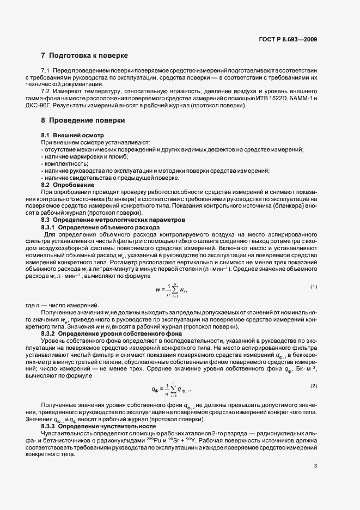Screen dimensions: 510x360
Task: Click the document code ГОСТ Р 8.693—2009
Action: [288, 39]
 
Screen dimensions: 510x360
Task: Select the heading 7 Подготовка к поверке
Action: [84, 56]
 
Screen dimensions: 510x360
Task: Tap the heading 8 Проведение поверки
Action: [83, 120]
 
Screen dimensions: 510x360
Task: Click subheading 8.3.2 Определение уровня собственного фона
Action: [108, 332]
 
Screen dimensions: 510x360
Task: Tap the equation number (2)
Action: [314, 386]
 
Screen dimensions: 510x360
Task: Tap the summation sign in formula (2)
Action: [174, 389]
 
